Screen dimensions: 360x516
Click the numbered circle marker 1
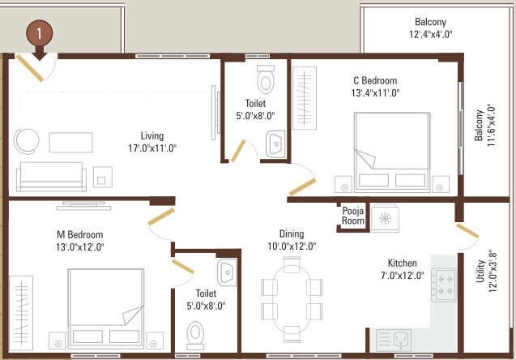click(x=39, y=33)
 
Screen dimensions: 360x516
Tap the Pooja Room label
click(x=354, y=216)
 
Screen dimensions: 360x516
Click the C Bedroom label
click(x=374, y=81)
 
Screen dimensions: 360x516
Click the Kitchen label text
click(x=402, y=264)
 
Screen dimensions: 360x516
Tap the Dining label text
click(x=292, y=234)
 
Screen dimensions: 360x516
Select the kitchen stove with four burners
click(x=445, y=285)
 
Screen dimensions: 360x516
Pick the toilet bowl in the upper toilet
click(x=265, y=80)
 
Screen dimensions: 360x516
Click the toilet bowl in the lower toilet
click(x=195, y=333)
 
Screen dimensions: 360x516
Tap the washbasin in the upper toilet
click(x=275, y=144)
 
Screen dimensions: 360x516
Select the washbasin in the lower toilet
click(x=226, y=270)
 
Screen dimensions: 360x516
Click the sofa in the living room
click(x=50, y=174)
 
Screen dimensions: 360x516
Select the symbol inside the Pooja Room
click(x=386, y=217)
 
